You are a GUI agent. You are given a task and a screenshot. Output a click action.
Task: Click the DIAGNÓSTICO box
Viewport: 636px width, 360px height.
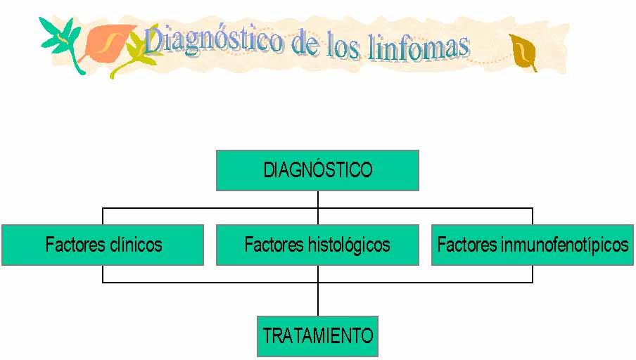point(317,170)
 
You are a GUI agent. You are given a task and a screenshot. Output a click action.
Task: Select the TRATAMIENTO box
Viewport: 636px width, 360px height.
point(317,336)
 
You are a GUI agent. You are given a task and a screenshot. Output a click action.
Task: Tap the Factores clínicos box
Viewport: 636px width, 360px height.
point(103,245)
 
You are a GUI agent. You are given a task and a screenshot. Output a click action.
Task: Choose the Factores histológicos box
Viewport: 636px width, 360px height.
point(317,245)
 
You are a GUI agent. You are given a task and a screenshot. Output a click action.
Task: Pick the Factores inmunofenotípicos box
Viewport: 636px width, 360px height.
point(533,245)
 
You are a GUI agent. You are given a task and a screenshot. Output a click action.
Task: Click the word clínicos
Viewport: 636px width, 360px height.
point(136,245)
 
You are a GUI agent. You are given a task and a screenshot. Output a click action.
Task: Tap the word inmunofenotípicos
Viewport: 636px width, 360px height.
point(565,245)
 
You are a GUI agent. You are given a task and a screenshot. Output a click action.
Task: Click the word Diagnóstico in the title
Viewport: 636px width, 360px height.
point(213,41)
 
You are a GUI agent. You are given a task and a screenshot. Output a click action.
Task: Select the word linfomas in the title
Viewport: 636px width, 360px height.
point(419,47)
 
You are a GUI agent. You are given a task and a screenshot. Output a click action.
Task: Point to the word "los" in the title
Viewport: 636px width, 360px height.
point(343,44)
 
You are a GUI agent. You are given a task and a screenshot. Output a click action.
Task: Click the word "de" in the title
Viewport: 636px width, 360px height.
point(305,43)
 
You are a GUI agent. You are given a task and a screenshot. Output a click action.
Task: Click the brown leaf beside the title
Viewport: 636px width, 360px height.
point(523,53)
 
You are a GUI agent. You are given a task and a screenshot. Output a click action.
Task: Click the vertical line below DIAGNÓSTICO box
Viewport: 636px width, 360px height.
point(317,207)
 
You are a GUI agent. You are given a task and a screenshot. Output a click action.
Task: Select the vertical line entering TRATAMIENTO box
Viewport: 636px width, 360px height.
point(317,290)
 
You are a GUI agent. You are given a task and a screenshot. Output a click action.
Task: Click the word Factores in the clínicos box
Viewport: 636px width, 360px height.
point(76,245)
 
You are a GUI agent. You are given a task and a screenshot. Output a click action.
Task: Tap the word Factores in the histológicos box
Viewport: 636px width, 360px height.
point(274,245)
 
